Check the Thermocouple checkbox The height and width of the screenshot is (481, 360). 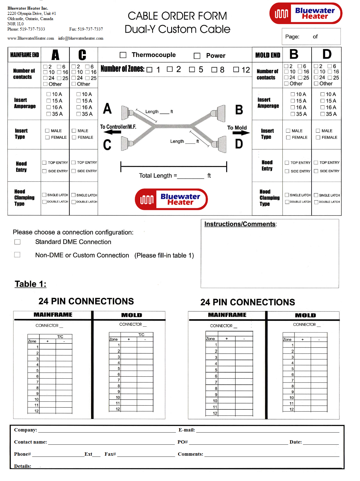pyautogui.click(x=123, y=55)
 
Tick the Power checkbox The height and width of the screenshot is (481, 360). pyautogui.click(x=197, y=56)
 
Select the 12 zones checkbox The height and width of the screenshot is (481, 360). pyautogui.click(x=236, y=69)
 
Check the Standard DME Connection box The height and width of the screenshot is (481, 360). pyautogui.click(x=17, y=242)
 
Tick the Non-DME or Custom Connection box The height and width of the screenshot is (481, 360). pyautogui.click(x=17, y=255)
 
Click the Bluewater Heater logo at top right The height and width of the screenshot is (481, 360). pyautogui.click(x=306, y=13)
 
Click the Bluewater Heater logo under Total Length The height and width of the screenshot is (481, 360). pyautogui.click(x=171, y=199)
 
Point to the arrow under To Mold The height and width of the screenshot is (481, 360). pyautogui.click(x=241, y=133)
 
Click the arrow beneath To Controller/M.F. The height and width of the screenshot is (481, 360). pyautogui.click(x=113, y=132)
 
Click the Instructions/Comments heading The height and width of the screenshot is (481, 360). pyautogui.click(x=240, y=224)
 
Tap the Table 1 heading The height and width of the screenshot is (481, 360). pyautogui.click(x=31, y=284)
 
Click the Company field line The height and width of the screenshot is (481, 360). pyautogui.click(x=107, y=431)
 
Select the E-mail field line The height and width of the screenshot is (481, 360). pyautogui.click(x=268, y=431)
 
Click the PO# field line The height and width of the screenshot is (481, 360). pyautogui.click(x=238, y=443)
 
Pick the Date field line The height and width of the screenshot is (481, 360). pyautogui.click(x=321, y=443)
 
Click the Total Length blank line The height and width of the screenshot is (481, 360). pyautogui.click(x=191, y=177)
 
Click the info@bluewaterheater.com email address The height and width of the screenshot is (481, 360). pyautogui.click(x=81, y=38)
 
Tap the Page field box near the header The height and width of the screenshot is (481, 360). pyautogui.click(x=311, y=37)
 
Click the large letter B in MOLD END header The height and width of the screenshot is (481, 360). pyautogui.click(x=294, y=54)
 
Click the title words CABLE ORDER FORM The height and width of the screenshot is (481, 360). pyautogui.click(x=177, y=16)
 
